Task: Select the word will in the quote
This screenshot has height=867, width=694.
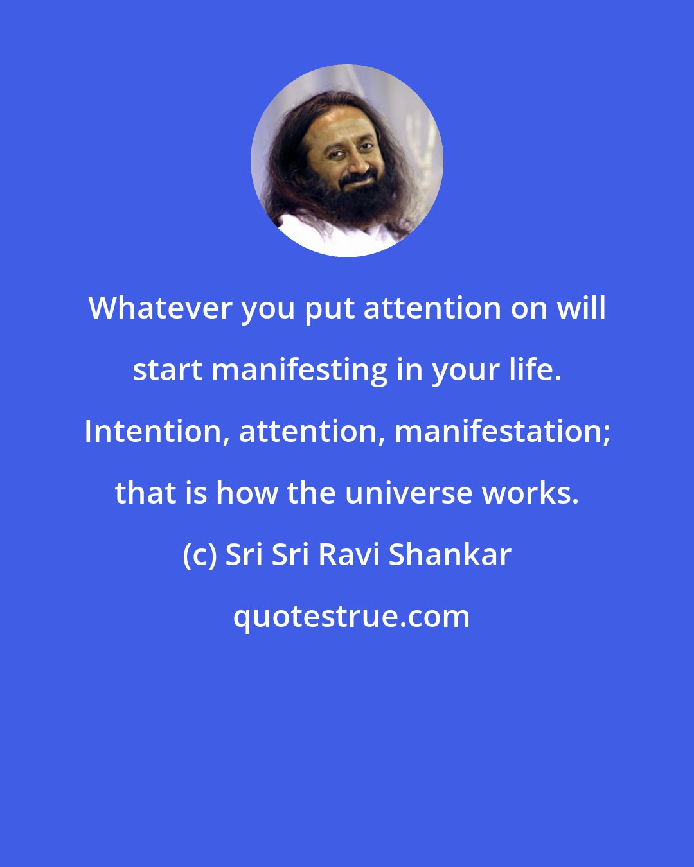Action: (581, 309)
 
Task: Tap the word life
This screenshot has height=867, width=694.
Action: (534, 369)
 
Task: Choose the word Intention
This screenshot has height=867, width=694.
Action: (157, 432)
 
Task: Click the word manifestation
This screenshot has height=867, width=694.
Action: (501, 432)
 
